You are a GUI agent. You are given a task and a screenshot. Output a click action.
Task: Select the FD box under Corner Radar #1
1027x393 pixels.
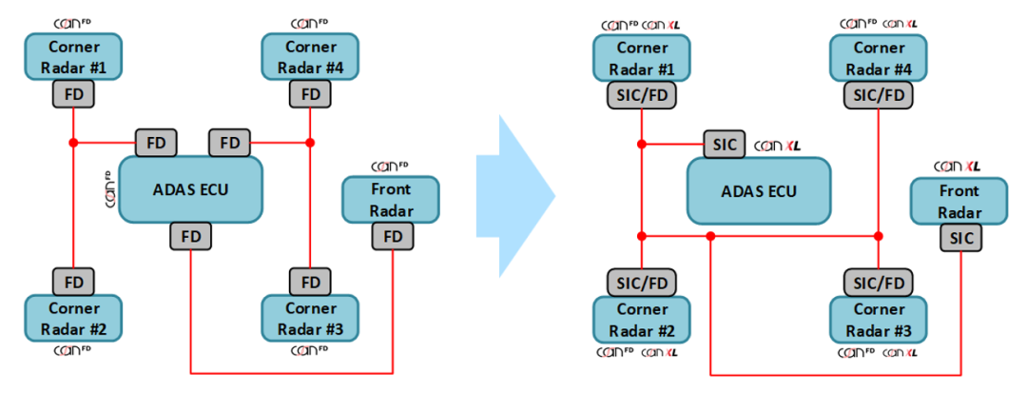pos(73,94)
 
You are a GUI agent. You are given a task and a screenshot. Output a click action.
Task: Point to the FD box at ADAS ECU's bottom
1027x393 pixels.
pos(191,236)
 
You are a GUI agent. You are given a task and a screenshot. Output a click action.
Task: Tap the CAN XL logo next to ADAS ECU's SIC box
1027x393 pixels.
pos(778,146)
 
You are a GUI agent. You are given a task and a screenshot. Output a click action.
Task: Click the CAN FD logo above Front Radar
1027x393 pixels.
pos(390,166)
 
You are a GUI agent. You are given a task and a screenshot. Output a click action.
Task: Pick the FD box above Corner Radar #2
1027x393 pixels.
pos(73,282)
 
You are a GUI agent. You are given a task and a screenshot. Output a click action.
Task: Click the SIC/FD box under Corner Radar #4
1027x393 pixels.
pos(878,94)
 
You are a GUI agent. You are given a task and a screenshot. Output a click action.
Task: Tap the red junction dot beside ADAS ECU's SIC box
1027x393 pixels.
pos(642,145)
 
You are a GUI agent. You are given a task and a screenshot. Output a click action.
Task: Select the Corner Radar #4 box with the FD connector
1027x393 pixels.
pos(310,58)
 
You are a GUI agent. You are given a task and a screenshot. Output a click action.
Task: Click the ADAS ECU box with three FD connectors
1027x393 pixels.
pos(190,188)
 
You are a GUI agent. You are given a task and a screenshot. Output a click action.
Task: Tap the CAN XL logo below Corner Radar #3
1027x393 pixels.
pos(901,352)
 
